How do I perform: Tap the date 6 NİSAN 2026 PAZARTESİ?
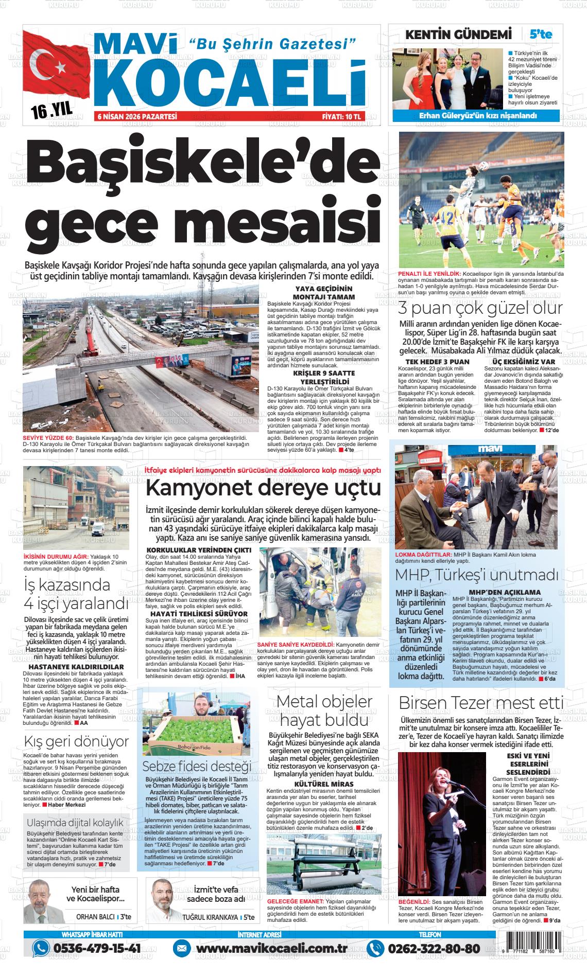tap(137, 117)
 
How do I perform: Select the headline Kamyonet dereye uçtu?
tap(263, 487)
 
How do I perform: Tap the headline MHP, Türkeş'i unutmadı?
tap(476, 574)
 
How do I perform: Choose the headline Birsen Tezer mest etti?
tap(481, 703)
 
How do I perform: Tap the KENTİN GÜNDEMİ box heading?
tap(459, 34)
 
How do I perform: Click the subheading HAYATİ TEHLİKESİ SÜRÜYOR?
tap(197, 614)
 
